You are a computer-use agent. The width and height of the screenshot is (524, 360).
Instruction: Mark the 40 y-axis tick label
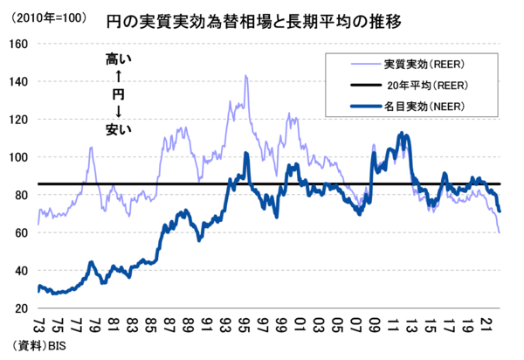[20, 271]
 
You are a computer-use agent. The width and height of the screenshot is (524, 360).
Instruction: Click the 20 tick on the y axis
[20, 308]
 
